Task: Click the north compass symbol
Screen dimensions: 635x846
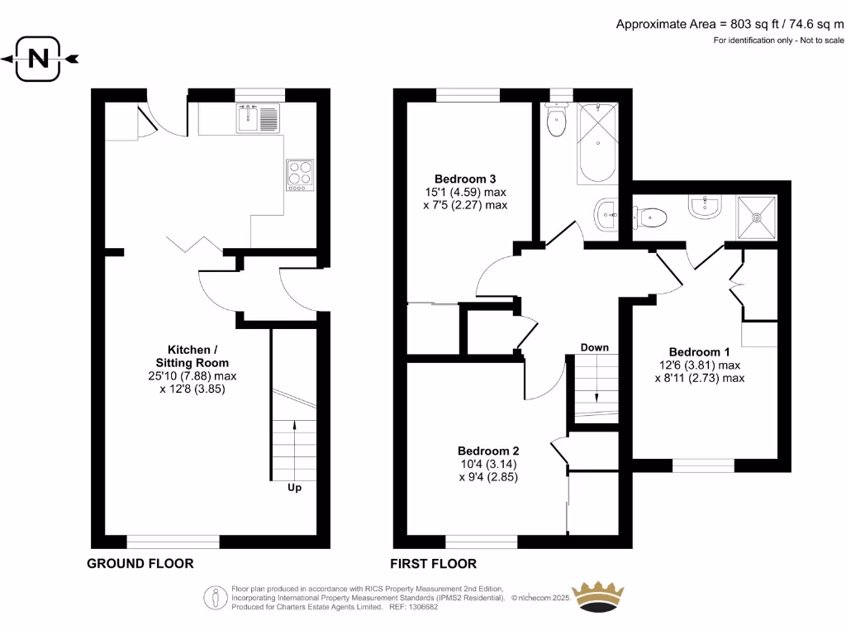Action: point(38,59)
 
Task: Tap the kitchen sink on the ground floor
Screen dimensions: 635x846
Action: point(248,118)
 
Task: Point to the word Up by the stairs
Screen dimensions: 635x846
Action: point(294,488)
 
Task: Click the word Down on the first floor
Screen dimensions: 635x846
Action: point(594,347)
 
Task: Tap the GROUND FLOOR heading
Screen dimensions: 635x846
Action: point(140,564)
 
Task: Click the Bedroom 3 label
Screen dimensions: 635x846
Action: point(465,179)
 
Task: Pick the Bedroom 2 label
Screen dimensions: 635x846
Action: point(488,451)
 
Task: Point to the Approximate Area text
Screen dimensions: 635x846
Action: point(730,24)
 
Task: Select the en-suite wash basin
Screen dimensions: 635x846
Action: point(704,207)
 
